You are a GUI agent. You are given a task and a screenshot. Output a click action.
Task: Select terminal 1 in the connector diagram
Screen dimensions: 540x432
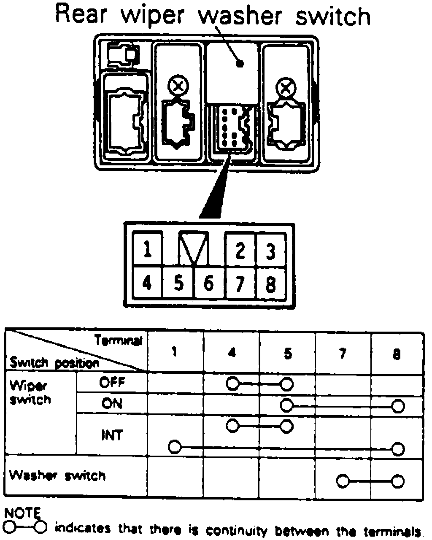(x=147, y=249)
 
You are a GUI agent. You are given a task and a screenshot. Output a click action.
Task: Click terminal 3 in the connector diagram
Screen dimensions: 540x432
(x=270, y=251)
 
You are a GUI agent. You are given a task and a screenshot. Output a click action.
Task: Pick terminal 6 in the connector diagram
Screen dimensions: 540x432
(x=209, y=283)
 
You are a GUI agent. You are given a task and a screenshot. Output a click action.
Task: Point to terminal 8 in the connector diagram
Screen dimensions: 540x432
(x=270, y=283)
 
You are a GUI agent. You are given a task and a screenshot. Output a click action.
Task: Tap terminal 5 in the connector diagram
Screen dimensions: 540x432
(x=178, y=283)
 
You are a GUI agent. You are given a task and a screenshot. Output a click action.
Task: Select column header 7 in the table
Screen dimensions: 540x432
(x=343, y=353)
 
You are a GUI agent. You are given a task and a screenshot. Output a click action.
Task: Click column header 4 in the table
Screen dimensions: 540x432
(x=232, y=353)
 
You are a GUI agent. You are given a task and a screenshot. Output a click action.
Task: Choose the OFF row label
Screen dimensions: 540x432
(x=112, y=383)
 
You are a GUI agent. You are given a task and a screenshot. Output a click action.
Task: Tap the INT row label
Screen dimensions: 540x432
(x=112, y=435)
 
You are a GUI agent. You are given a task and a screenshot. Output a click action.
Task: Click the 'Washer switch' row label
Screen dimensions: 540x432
(x=57, y=476)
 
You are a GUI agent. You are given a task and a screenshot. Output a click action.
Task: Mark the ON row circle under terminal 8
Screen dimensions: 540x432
(x=398, y=406)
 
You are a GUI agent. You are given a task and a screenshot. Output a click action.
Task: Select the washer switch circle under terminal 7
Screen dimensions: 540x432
(x=343, y=481)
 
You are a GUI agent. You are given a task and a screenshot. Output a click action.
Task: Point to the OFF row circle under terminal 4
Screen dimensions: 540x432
(x=232, y=384)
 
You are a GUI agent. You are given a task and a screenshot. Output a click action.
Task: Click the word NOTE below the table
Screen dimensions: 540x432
(x=22, y=513)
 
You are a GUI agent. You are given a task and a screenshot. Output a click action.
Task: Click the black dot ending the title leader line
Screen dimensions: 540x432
(x=240, y=64)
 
